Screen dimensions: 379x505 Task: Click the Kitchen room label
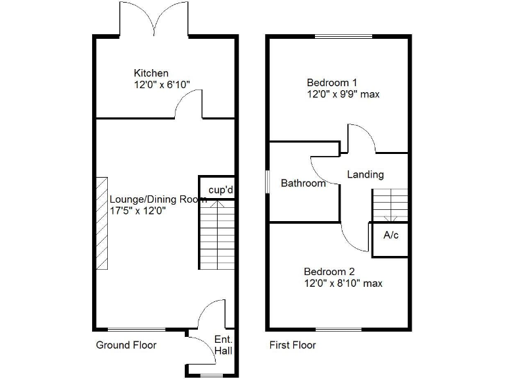[x=151, y=73]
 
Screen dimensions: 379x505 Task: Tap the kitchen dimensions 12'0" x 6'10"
[x=162, y=85]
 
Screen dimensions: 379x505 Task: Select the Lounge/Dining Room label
[x=158, y=199]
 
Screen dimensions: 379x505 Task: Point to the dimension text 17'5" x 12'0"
[x=137, y=211]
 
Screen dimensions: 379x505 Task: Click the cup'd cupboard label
[x=221, y=190]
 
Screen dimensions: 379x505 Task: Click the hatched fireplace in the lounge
[x=102, y=223]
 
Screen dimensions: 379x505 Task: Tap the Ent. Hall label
[x=223, y=345]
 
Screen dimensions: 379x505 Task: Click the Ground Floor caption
[x=126, y=345]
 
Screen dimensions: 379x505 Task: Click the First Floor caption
[x=293, y=345]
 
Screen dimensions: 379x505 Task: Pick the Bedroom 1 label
[x=332, y=82]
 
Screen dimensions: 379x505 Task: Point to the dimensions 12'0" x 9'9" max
[x=343, y=94]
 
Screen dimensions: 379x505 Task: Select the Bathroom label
[x=303, y=184]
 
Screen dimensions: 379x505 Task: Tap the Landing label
[x=365, y=175]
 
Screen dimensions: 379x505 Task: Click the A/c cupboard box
[x=391, y=236]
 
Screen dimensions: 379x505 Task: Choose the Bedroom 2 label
[x=329, y=271]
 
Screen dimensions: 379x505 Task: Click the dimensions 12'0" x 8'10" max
[x=343, y=284]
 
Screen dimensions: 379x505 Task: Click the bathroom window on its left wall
[x=268, y=182]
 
